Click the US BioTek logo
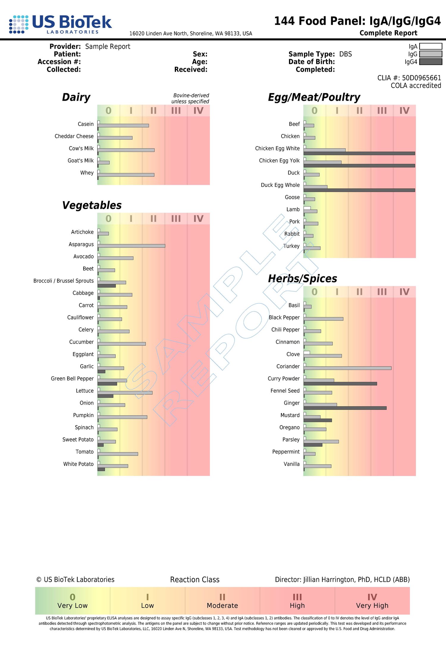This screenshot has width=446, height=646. (x=60, y=24)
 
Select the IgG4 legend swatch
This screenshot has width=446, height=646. (x=431, y=62)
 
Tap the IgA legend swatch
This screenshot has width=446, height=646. (x=431, y=46)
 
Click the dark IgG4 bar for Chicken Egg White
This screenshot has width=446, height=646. (x=359, y=153)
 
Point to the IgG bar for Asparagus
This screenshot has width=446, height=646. (x=131, y=246)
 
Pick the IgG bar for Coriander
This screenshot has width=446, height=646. (x=347, y=368)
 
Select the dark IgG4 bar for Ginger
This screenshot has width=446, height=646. (x=345, y=408)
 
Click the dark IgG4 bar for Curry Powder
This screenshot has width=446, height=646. (x=340, y=384)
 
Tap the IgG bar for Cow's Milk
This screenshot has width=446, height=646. (x=126, y=150)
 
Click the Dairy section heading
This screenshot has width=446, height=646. (x=76, y=97)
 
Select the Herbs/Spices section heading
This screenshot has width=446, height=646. (x=302, y=278)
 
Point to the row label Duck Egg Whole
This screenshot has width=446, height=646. (x=280, y=185)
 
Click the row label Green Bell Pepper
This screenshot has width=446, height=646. (x=72, y=379)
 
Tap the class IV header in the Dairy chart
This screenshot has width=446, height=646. (x=198, y=111)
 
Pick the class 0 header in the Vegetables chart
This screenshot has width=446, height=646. (x=109, y=219)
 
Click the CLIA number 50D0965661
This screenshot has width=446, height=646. (x=421, y=78)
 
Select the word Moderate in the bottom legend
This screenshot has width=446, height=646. (x=222, y=605)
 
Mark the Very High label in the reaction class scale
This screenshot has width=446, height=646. (x=372, y=605)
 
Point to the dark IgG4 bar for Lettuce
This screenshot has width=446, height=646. (x=105, y=396)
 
